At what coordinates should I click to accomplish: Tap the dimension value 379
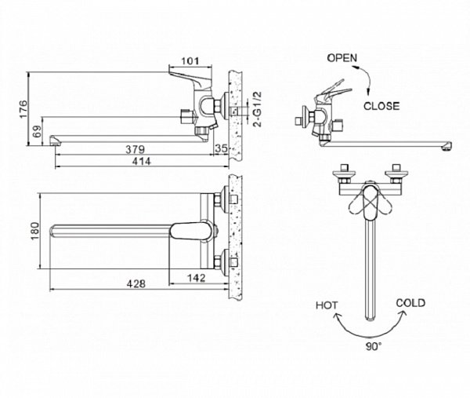coord(135,149)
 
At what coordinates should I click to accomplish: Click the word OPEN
coord(342,57)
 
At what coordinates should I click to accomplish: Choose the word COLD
coord(410,302)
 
